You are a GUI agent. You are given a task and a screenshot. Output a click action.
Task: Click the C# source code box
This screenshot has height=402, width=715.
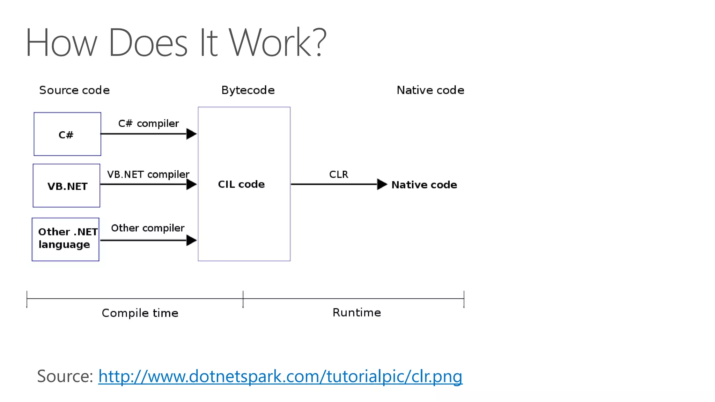pos(67,134)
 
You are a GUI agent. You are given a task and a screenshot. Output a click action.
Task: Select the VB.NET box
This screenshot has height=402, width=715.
pos(66,186)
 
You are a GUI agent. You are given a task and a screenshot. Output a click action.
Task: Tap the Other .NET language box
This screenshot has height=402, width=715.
pos(66,239)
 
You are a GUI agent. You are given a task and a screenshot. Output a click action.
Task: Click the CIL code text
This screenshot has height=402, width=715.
pos(241,184)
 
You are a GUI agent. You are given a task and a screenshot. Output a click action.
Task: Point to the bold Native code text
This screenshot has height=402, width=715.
pos(424,185)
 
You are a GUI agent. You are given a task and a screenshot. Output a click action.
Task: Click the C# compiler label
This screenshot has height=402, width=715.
pos(148,124)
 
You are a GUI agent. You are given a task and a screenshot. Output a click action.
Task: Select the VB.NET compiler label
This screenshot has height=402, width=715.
pos(148,174)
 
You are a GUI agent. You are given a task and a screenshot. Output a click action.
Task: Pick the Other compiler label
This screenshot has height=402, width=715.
pos(148,228)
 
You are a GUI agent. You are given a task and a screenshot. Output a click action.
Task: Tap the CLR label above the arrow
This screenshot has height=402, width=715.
pos(338,174)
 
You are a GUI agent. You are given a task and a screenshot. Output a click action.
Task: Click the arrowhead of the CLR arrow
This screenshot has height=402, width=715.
pos(382,184)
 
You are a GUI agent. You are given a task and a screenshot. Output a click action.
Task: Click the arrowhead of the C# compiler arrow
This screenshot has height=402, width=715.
pos(191,134)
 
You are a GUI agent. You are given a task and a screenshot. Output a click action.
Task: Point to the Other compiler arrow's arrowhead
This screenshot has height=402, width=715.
pos(191,240)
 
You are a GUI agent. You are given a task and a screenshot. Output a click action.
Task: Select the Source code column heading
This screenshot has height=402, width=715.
pos(74,90)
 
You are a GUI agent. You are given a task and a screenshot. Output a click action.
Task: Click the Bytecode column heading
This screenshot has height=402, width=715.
pos(248,90)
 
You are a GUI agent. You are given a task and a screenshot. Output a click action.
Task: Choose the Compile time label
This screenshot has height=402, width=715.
pos(140,313)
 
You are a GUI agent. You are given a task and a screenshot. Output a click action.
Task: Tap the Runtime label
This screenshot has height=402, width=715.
pos(356,312)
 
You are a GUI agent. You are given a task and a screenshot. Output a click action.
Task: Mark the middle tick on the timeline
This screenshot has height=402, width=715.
pos(243,299)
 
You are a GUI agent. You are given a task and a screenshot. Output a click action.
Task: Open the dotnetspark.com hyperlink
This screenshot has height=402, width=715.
pos(280,377)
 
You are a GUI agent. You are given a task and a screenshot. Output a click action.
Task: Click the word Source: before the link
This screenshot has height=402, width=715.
pos(65,376)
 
